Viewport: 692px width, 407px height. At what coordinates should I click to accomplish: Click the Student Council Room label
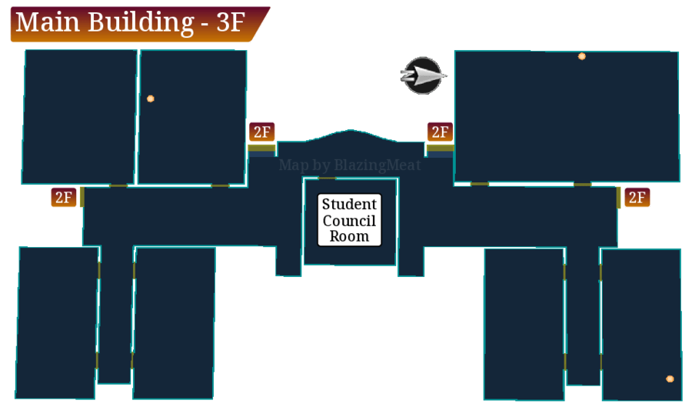coord(349,220)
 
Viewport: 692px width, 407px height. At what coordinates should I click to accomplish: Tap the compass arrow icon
coord(423,75)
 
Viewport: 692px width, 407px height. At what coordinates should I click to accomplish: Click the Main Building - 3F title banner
coord(139,24)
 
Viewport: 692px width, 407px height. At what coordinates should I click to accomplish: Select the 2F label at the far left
coord(64,197)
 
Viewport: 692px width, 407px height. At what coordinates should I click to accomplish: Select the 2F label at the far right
coord(637,197)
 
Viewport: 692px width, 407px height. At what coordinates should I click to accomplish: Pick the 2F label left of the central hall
coord(261,132)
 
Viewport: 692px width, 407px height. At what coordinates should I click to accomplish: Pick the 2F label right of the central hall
coord(440,132)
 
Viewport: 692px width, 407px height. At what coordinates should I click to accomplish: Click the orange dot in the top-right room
coord(582,56)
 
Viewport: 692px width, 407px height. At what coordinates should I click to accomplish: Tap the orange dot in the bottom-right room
coord(670,379)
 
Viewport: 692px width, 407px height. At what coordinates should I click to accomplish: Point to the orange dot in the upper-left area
coord(151,98)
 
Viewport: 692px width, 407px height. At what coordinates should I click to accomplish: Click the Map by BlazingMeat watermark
coord(350,165)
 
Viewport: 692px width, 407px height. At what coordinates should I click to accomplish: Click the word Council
coord(349,220)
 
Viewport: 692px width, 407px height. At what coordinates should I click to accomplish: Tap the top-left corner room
coord(79,116)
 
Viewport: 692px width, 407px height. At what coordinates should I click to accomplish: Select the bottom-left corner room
coord(58,322)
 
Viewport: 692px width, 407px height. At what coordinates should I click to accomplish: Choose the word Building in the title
coord(141,22)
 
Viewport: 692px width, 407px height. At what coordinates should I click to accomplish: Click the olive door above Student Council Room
coord(327,178)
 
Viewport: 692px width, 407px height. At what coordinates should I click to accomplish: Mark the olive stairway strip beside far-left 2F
coord(82,197)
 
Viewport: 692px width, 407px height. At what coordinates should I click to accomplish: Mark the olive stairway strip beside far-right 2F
coord(618,197)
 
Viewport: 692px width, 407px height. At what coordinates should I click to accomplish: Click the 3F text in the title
coord(231,22)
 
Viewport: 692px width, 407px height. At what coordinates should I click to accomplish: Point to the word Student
coord(349,204)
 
